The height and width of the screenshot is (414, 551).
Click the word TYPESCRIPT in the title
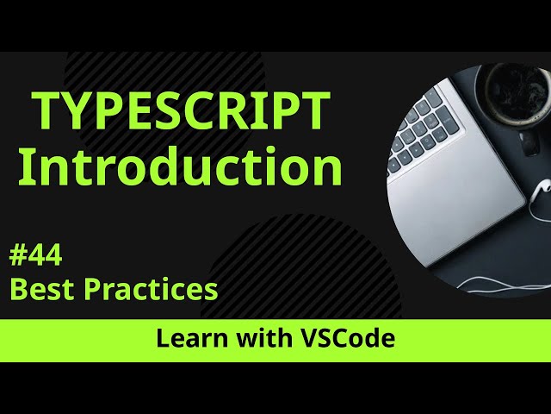(182, 110)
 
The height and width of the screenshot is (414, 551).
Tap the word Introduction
(180, 166)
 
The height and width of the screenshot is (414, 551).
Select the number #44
(35, 256)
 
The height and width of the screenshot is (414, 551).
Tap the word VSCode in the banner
(347, 339)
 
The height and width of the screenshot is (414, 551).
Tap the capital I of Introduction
(25, 166)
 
